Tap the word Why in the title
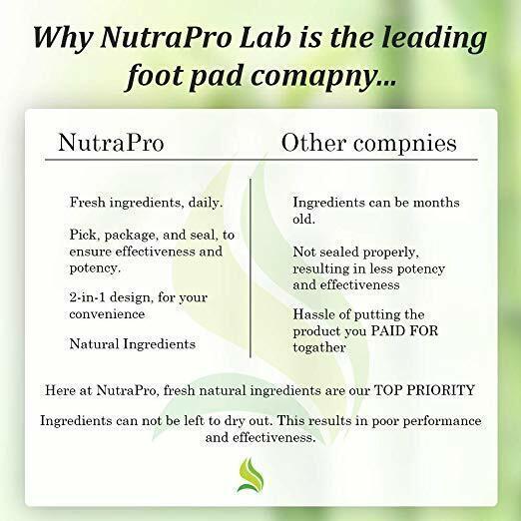[63, 37]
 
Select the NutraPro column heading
[111, 143]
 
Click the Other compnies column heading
[368, 144]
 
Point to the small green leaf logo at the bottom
[251, 475]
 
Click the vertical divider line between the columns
[251, 267]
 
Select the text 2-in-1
[87, 297]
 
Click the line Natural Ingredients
[133, 344]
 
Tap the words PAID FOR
[404, 330]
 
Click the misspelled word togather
[319, 347]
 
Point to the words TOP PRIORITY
[424, 390]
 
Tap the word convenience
[107, 313]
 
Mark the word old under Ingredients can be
[303, 219]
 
